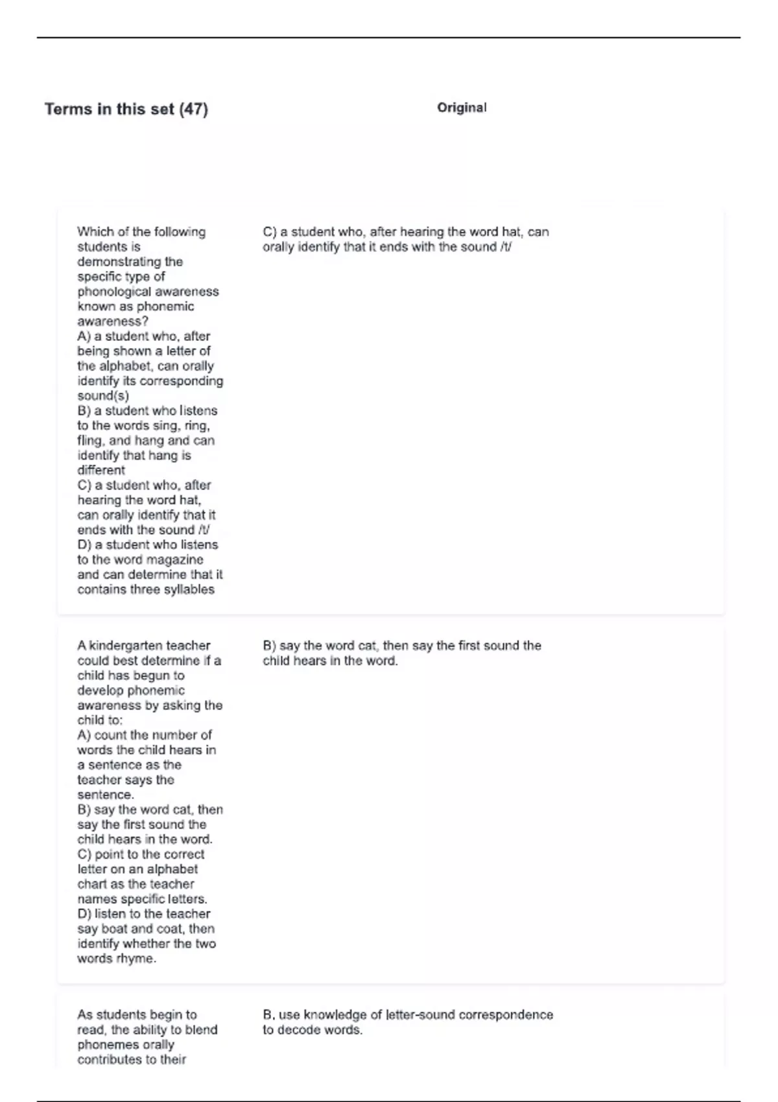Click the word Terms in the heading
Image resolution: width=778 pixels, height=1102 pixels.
68,109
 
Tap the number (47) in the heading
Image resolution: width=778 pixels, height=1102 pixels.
193,109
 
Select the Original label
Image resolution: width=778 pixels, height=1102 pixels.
462,108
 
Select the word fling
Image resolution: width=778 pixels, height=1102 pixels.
91,441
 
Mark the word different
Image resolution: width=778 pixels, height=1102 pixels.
101,471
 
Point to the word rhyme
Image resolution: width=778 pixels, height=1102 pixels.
136,959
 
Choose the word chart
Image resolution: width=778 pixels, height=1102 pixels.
91,884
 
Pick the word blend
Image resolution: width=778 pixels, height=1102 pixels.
202,1030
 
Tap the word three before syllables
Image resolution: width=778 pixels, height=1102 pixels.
150,589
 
